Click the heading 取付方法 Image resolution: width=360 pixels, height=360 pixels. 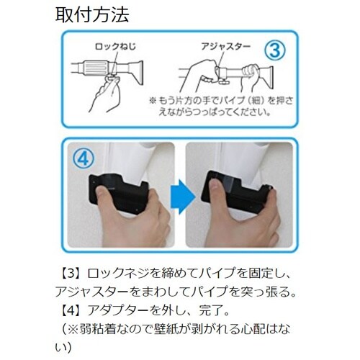tap(92, 15)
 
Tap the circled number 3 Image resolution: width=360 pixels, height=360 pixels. tap(275, 50)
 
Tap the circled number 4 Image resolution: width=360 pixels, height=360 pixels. tap(84, 158)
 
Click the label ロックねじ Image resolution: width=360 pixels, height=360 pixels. tap(115, 46)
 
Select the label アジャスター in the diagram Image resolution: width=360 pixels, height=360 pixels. tap(225, 46)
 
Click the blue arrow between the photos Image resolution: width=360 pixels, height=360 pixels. tap(182, 197)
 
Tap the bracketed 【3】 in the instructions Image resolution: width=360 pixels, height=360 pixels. tap(71, 274)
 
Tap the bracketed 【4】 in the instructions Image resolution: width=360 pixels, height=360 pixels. tap(71, 310)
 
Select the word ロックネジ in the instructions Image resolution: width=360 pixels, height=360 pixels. tap(117, 274)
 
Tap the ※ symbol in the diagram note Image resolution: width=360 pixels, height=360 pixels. tap(153, 100)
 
